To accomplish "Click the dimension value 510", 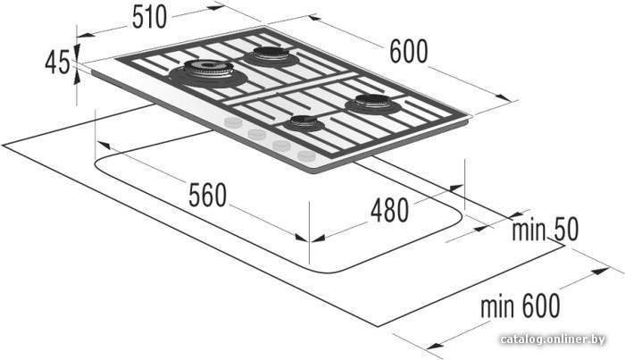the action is [149, 17].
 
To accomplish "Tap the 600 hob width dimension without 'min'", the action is [408, 52].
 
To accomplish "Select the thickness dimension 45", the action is [57, 63].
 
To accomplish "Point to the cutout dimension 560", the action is [207, 195].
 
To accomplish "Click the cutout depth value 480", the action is [389, 210].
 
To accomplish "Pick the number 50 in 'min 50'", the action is [564, 230].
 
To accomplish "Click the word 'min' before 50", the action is [529, 230].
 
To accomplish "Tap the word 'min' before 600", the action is [497, 307].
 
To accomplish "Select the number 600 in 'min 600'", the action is [539, 306].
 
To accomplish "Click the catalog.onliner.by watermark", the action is [553, 339].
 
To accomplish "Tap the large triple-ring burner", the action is [208, 71].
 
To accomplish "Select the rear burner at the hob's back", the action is [271, 56].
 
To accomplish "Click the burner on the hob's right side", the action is [373, 104].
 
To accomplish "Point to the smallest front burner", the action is [304, 122].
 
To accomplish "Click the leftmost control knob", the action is [233, 122].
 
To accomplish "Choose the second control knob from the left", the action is [257, 134].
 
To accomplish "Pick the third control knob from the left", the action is [282, 145].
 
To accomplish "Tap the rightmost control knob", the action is [306, 155].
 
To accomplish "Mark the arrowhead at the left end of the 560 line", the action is [103, 145].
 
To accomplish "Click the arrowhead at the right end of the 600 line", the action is [504, 97].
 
